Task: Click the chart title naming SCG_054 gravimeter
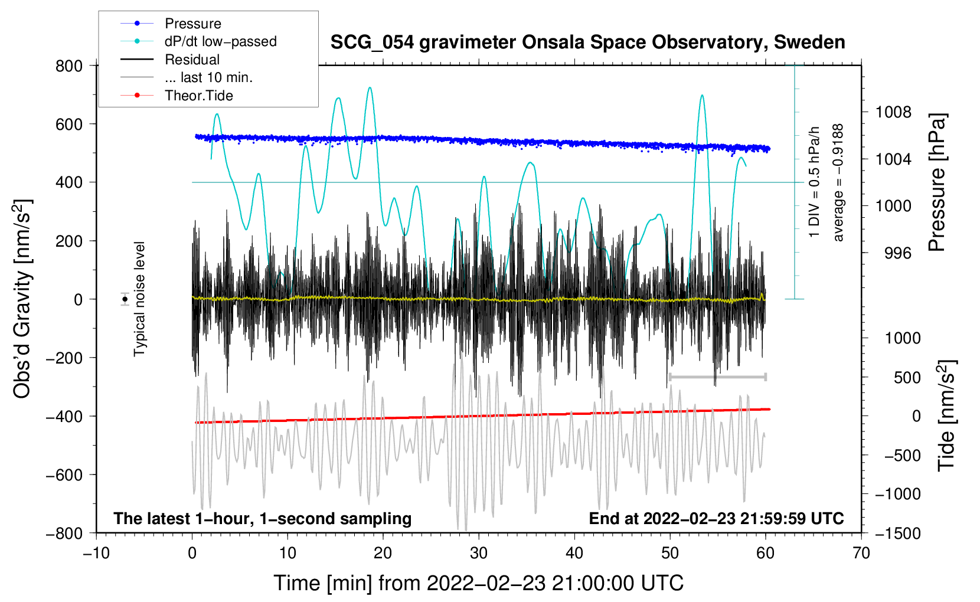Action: tap(587, 42)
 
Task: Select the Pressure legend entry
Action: tap(192, 24)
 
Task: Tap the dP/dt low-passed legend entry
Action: tap(220, 41)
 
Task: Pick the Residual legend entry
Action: tap(192, 60)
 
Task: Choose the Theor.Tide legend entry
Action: tap(198, 96)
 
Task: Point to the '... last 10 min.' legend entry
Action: tap(208, 77)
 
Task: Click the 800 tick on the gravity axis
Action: tap(69, 66)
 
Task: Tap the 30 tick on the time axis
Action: tap(479, 553)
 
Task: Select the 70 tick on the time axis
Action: tap(861, 553)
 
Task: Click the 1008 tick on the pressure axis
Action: tap(893, 112)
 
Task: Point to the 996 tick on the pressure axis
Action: tap(897, 253)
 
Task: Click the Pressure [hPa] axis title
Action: tap(937, 182)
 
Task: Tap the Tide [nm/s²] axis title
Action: tap(946, 415)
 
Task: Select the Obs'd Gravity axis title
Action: tap(22, 299)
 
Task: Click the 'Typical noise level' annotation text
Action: tap(139, 299)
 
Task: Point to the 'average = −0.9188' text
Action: tap(838, 182)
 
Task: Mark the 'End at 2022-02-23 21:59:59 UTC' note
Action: tap(716, 518)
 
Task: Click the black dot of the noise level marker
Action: tap(125, 299)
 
